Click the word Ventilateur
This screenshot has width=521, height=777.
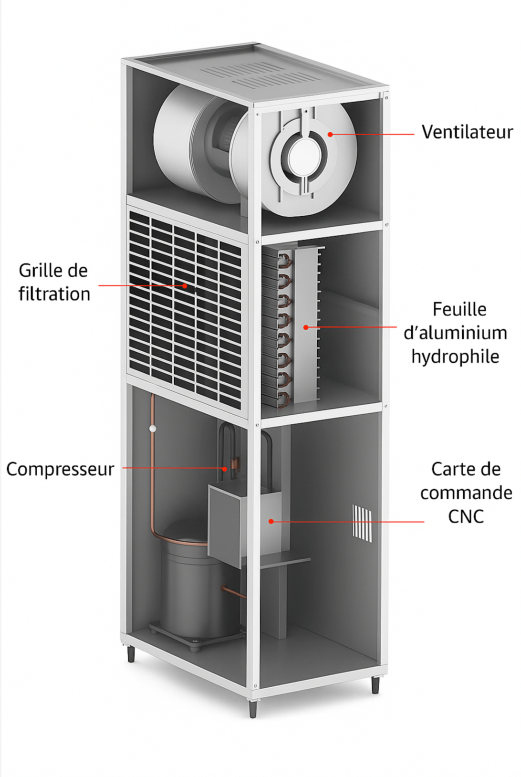click(x=467, y=132)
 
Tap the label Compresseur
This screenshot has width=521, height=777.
click(x=60, y=469)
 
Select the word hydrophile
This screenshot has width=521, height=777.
click(x=455, y=357)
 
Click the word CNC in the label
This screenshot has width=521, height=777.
click(x=466, y=516)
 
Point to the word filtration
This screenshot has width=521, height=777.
click(x=54, y=294)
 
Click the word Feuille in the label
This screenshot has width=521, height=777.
click(x=459, y=310)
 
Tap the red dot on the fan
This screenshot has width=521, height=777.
click(x=330, y=134)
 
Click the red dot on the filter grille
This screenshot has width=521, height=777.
click(x=185, y=286)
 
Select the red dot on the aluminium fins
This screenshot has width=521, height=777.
click(x=306, y=327)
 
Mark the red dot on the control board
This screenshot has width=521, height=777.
click(x=271, y=521)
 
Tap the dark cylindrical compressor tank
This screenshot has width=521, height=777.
click(x=191, y=587)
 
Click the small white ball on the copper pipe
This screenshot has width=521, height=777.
click(x=153, y=429)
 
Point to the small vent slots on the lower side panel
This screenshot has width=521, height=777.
click(x=362, y=523)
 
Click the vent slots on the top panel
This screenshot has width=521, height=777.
click(x=258, y=76)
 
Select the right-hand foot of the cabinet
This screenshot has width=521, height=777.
click(x=375, y=684)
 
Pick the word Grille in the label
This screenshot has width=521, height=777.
click(x=36, y=271)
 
